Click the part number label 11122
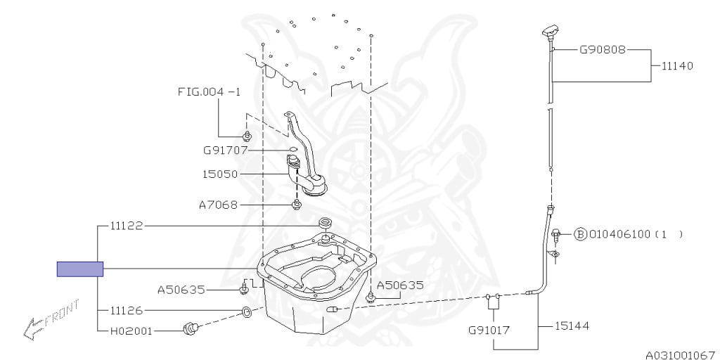tap(127, 226)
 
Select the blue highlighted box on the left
tap(80, 269)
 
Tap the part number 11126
tap(127, 310)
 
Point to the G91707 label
tap(226, 150)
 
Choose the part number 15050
tap(220, 174)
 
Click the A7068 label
tap(219, 205)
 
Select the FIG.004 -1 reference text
tap(209, 92)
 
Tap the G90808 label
tap(603, 50)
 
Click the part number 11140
tap(677, 65)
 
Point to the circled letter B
tap(581, 234)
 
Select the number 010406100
tap(619, 234)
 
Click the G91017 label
tap(489, 330)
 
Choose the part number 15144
tap(572, 326)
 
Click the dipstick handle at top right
tap(550, 32)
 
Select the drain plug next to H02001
tap(190, 328)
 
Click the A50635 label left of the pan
tap(181, 290)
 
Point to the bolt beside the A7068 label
tap(297, 204)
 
